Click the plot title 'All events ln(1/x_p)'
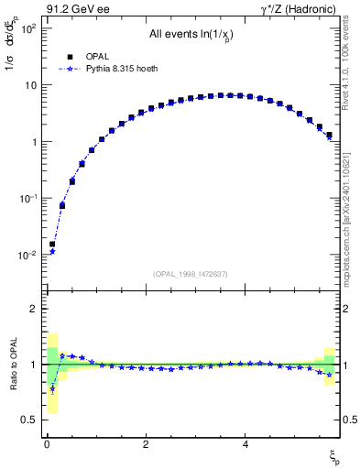pyautogui.click(x=191, y=35)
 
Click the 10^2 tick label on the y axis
pyautogui.click(x=27, y=28)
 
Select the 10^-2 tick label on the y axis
pyautogui.click(x=27, y=256)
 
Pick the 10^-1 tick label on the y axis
pyautogui.click(x=27, y=199)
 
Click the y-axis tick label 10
pyautogui.click(x=29, y=85)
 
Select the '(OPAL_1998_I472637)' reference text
pyautogui.click(x=191, y=274)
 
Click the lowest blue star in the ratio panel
pyautogui.click(x=52, y=388)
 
